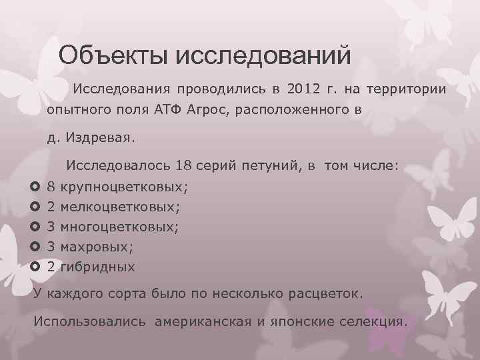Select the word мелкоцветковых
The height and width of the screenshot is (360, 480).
123,207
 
